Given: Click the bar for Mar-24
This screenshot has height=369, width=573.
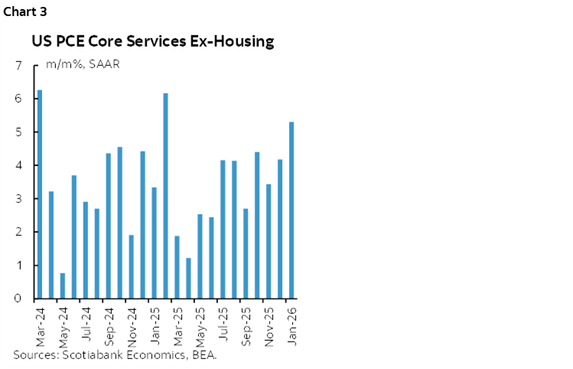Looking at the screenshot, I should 40,194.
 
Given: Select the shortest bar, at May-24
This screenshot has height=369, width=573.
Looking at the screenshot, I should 63,286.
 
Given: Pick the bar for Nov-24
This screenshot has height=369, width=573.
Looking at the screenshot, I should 132,266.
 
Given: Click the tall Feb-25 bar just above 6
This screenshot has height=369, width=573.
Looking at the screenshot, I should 166,196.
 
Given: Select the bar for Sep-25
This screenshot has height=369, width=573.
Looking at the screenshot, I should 246,253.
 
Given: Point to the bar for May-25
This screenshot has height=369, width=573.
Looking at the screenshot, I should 200,256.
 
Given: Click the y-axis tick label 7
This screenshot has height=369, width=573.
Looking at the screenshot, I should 18,66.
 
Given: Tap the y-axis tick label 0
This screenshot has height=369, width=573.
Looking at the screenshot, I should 18,299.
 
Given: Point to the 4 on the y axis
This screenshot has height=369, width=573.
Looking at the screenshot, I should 18,165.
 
